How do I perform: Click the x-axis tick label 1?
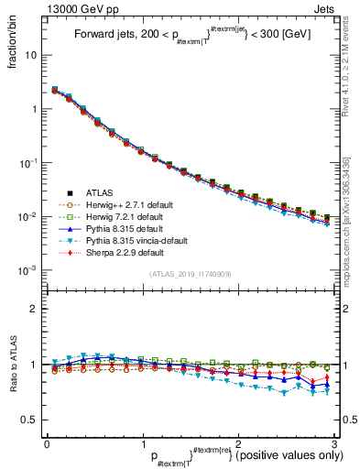(x=142, y=442)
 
